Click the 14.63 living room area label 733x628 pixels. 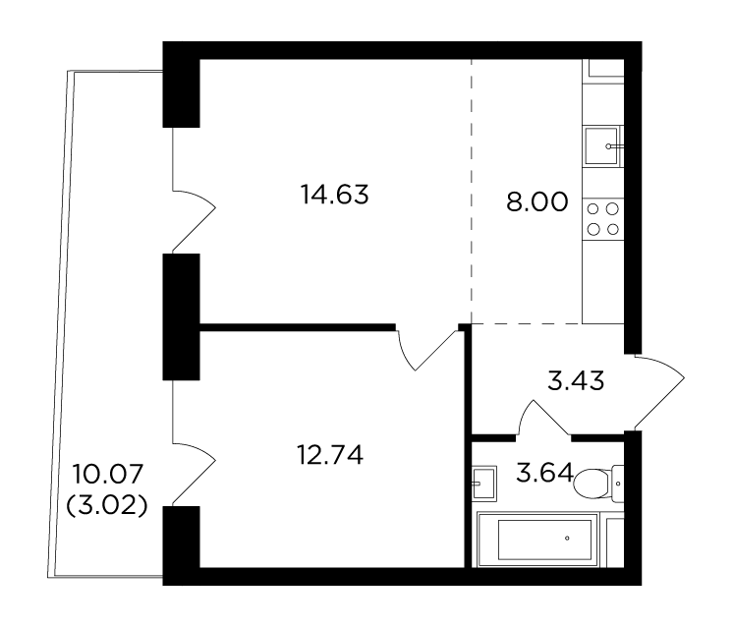(334, 195)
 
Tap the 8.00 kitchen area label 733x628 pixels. (537, 202)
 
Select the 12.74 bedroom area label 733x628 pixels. (330, 454)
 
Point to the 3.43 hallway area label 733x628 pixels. (576, 380)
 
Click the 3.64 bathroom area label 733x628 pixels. (544, 473)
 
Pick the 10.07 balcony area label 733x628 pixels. (107, 474)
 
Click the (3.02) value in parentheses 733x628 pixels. (107, 505)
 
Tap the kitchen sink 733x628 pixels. (602, 145)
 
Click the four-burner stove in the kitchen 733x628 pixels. (603, 219)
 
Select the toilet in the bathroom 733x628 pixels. (598, 485)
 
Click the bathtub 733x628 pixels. (537, 540)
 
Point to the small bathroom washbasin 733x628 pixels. (483, 484)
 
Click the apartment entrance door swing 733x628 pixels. (659, 392)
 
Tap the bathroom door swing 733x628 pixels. (543, 416)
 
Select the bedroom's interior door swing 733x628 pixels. (425, 349)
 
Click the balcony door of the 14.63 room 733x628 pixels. (194, 190)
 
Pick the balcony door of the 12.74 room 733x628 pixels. (194, 442)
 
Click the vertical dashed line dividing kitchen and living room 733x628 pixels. (472, 192)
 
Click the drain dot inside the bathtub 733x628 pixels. (568, 539)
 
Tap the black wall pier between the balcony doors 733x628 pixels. (182, 316)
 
